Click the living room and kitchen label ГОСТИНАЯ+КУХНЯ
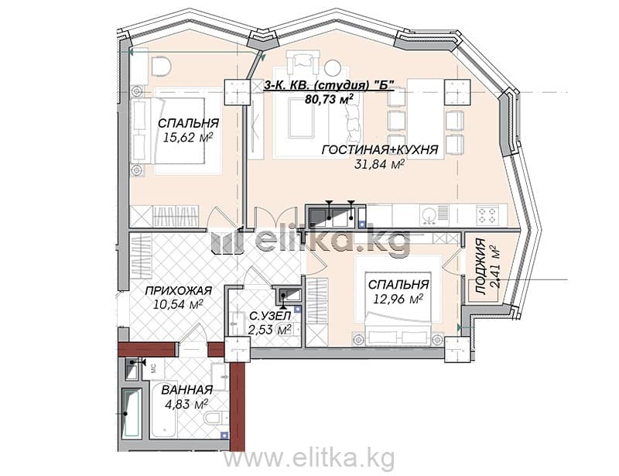click(x=380, y=149)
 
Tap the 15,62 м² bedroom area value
click(x=188, y=137)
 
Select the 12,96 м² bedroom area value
click(x=398, y=299)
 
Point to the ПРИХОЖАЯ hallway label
click(x=179, y=291)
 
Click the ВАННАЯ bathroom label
click(x=187, y=390)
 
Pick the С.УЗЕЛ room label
click(x=270, y=316)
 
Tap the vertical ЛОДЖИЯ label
click(x=480, y=266)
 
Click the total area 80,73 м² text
click(x=328, y=98)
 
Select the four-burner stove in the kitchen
click(x=487, y=216)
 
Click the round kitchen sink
click(x=429, y=216)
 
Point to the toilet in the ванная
click(x=215, y=417)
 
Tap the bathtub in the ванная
click(x=131, y=413)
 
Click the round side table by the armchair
click(x=333, y=67)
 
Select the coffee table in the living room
click(x=301, y=118)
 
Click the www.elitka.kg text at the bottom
click(x=309, y=459)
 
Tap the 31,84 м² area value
click(x=379, y=164)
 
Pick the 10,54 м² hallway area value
click(x=179, y=304)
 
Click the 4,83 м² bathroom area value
click(x=185, y=404)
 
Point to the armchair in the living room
click(x=303, y=62)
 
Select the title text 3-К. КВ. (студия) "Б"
click(x=330, y=85)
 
